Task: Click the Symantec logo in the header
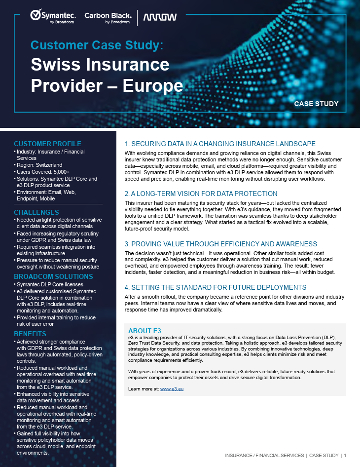click(x=52, y=17)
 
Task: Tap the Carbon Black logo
click(x=107, y=17)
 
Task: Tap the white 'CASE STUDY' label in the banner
click(x=316, y=104)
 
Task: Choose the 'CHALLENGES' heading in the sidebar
click(x=36, y=212)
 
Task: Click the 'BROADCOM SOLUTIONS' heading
click(x=53, y=276)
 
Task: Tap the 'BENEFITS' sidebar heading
click(x=30, y=334)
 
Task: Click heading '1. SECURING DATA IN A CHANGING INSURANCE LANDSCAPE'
click(x=220, y=144)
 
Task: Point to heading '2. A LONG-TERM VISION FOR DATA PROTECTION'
click(x=201, y=194)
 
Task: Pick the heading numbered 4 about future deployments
click(x=216, y=287)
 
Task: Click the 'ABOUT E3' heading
click(x=144, y=330)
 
